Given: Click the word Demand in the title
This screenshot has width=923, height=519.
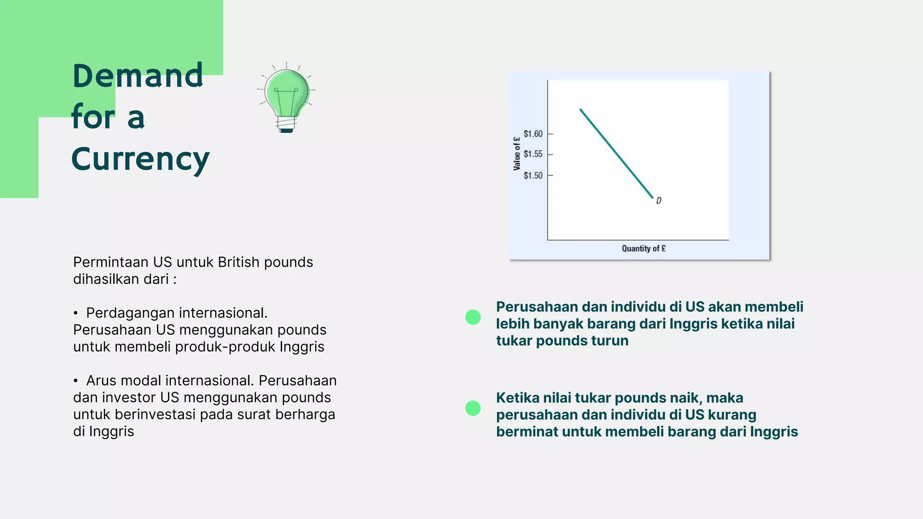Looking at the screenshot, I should pos(137,76).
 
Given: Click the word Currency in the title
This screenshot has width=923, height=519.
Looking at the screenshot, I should pos(140,159).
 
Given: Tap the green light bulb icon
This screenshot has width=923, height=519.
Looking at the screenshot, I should pos(287,95).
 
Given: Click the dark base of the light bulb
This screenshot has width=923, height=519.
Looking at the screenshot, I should pos(287,130).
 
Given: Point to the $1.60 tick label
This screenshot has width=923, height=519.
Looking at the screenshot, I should pos(533,134).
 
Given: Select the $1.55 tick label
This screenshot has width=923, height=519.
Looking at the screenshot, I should pos(533,154).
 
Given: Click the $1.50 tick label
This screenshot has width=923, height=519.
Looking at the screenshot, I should pos(533,175).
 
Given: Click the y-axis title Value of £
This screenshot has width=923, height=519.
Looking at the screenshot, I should pos(516,154).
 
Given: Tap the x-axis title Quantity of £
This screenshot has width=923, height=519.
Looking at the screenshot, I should pos(644,248).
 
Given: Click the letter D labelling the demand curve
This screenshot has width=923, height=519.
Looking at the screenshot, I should pos(658,200).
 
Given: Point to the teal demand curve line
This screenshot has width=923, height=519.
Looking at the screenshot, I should pos(616,153).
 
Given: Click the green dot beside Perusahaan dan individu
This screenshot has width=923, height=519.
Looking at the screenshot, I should pos(473,317).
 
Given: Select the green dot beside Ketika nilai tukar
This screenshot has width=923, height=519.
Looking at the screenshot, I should pos(473,408).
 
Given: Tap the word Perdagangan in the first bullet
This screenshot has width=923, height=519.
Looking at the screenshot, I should pos(129,313).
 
